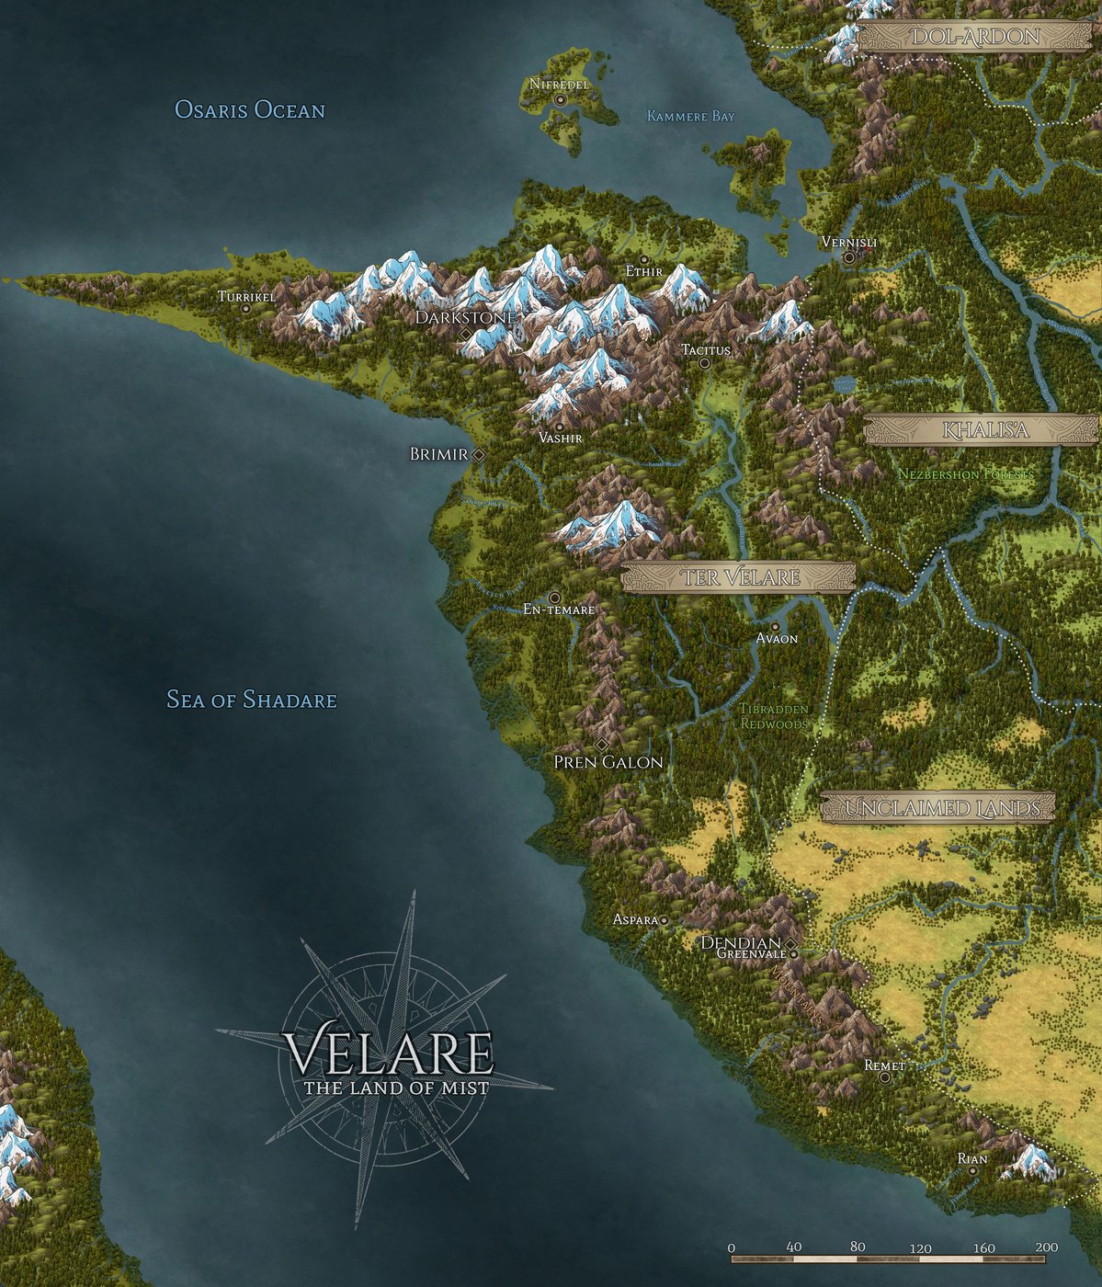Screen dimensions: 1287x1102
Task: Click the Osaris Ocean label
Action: [x=250, y=111]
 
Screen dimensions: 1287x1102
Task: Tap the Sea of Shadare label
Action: [x=251, y=700]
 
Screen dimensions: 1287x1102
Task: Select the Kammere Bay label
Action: [x=690, y=117]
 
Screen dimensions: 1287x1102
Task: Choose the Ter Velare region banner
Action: [x=738, y=577]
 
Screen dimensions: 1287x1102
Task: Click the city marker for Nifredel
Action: [x=560, y=99]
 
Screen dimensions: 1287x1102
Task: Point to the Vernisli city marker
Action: [x=849, y=257]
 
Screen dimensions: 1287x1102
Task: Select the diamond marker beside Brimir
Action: [x=478, y=454]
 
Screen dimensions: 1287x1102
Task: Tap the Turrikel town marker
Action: [x=245, y=309]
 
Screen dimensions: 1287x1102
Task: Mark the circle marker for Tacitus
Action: [x=705, y=363]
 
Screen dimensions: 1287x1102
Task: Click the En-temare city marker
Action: [x=554, y=598]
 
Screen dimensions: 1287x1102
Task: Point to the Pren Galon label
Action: [x=608, y=762]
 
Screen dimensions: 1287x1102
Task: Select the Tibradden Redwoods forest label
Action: [x=774, y=717]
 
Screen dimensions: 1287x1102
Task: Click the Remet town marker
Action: [x=884, y=1077]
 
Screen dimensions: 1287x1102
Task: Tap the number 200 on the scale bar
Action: [x=1045, y=1247]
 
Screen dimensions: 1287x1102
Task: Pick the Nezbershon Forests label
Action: [x=965, y=474]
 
